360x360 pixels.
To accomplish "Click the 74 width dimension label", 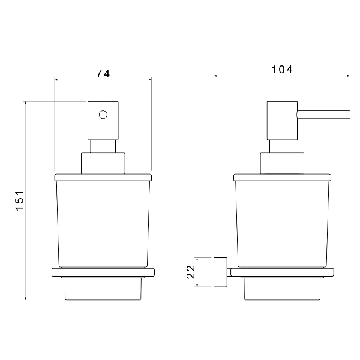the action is coord(103,74).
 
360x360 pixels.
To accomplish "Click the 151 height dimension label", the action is coord(20,200).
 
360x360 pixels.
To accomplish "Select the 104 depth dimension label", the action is coord(282,70).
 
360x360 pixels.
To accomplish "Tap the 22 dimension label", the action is coord(191,272).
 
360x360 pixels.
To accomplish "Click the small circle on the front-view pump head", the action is coord(103,115).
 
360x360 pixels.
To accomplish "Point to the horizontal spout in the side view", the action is coord(323,115).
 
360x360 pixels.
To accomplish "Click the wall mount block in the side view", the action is coord(220,272).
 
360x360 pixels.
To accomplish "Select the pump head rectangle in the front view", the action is coord(103,121).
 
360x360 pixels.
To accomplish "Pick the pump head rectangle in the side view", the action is coord(282,121).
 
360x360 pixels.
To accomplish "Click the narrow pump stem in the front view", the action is coord(103,146).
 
